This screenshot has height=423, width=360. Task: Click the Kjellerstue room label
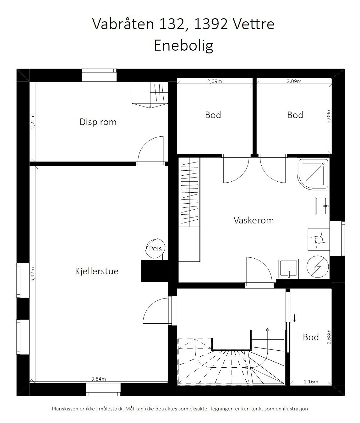click(x=97, y=272)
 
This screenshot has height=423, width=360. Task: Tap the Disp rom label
click(x=98, y=122)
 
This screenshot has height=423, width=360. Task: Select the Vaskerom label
click(x=254, y=220)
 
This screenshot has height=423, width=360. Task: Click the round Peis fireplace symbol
click(x=155, y=249)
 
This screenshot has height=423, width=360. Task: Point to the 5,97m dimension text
click(x=33, y=274)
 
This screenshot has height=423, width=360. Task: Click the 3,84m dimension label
click(x=98, y=379)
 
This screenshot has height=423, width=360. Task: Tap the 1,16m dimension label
click(x=311, y=382)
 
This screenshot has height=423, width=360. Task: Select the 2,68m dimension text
click(x=329, y=337)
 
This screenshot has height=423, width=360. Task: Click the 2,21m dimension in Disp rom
click(x=33, y=122)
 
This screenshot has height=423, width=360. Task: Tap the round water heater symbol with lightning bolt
click(x=318, y=266)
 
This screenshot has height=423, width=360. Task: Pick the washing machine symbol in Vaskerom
click(x=319, y=239)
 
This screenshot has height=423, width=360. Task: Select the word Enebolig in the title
click(x=183, y=46)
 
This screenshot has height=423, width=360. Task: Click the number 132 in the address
click(x=172, y=24)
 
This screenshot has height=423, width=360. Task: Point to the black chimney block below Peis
click(x=155, y=271)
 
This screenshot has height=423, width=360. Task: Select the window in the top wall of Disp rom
click(x=99, y=75)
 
